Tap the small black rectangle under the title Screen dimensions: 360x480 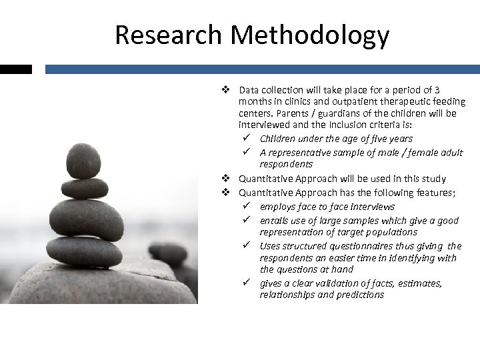15,69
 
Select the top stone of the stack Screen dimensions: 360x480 84,161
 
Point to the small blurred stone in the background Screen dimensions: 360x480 168,254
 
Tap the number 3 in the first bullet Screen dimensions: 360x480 436,89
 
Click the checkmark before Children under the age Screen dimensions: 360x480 246,138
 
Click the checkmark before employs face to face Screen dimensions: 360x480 246,206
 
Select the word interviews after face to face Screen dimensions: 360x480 371,207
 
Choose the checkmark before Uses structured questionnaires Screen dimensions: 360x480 246,245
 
